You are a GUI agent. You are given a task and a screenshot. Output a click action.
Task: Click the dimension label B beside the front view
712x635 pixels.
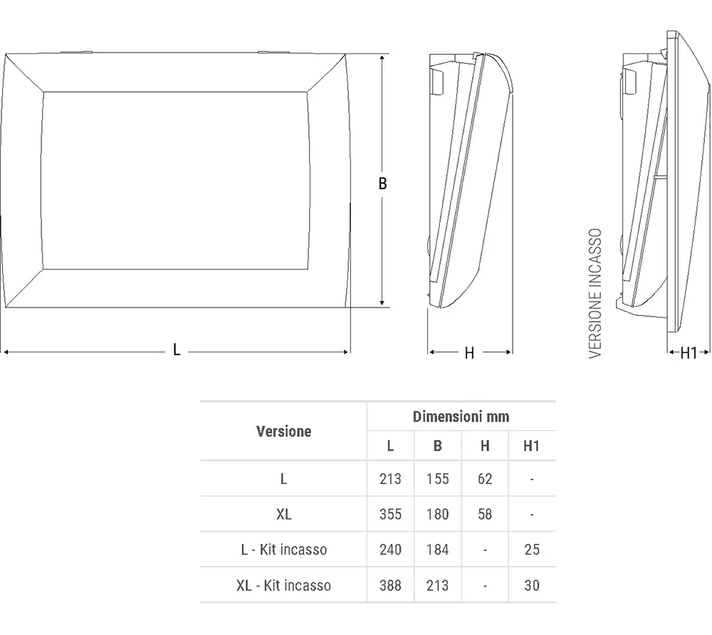[x=382, y=184]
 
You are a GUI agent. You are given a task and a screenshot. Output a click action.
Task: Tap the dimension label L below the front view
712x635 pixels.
[x=177, y=350]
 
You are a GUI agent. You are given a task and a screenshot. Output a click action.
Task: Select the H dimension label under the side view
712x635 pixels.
[x=469, y=353]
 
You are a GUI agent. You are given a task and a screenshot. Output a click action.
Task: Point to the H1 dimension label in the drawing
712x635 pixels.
[x=689, y=353]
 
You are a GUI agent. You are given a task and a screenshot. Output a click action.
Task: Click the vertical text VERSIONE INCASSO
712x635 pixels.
[x=596, y=293]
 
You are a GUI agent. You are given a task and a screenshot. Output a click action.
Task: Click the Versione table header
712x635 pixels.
[x=283, y=431]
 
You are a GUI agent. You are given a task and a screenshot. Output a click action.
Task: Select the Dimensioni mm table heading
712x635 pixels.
[x=461, y=417]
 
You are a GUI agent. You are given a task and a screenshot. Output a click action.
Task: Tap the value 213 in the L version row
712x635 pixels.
[x=390, y=479]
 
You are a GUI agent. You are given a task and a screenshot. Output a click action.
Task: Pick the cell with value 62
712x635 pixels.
[x=485, y=479]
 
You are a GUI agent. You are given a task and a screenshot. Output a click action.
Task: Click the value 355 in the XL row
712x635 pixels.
[x=390, y=514]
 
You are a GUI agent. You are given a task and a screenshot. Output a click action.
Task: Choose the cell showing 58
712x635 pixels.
[x=485, y=514]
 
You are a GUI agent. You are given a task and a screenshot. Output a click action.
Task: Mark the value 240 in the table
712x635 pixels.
[x=390, y=550]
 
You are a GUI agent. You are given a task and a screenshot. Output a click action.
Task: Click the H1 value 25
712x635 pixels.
[x=531, y=550]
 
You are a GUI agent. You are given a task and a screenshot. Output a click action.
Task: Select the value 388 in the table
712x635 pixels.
[x=390, y=586]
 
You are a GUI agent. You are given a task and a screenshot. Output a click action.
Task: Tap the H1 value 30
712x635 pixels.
[x=531, y=586]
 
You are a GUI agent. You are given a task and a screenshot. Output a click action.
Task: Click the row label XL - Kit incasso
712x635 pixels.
[x=283, y=586]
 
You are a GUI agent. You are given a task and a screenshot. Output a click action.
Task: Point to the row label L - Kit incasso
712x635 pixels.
[x=283, y=550]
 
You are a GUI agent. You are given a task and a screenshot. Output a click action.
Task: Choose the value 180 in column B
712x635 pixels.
[x=437, y=514]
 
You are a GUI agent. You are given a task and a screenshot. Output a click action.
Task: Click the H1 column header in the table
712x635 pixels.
[x=531, y=446]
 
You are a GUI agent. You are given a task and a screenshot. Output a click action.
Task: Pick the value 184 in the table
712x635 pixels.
[x=437, y=550]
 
